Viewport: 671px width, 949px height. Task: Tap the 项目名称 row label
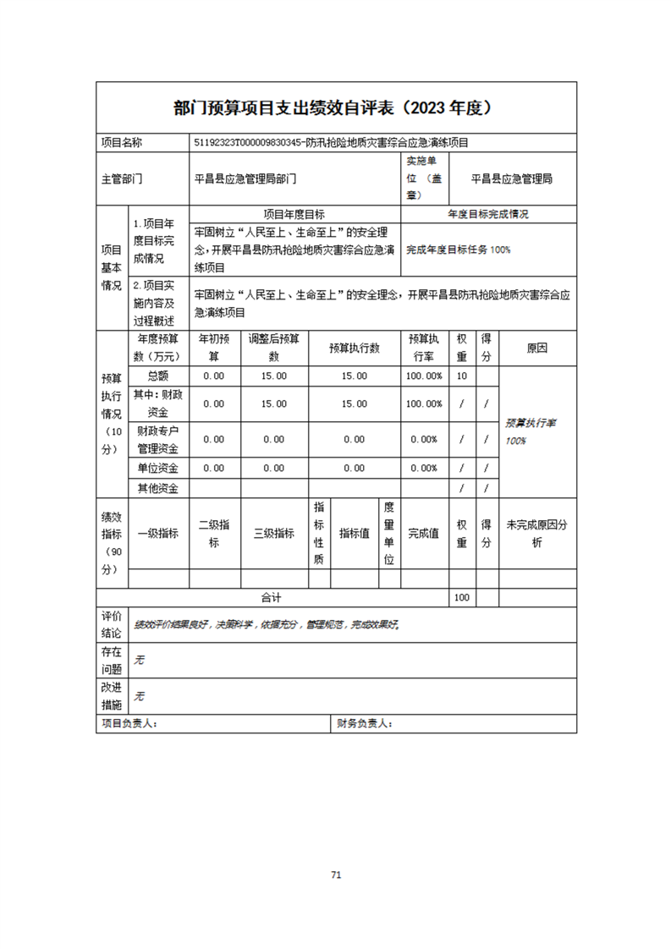[122, 143]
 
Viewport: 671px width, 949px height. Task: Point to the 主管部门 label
[122, 179]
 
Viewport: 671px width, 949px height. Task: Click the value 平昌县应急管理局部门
[245, 179]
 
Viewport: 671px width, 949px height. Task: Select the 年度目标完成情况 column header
[488, 215]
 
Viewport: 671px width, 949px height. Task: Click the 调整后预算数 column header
[273, 348]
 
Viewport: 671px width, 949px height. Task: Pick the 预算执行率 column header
[423, 348]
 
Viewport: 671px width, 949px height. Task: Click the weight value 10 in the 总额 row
[461, 376]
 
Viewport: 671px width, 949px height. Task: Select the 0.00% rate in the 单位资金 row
[423, 468]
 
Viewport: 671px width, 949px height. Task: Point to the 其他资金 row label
[158, 488]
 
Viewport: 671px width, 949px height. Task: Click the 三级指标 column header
[273, 533]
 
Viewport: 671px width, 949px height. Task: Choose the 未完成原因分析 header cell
[536, 533]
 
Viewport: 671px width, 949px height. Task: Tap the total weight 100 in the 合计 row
[461, 597]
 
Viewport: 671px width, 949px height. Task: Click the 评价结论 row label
[112, 624]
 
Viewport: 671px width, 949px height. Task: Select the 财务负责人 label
[365, 724]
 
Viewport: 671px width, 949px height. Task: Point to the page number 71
[336, 875]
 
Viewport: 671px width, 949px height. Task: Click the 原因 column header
[536, 348]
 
